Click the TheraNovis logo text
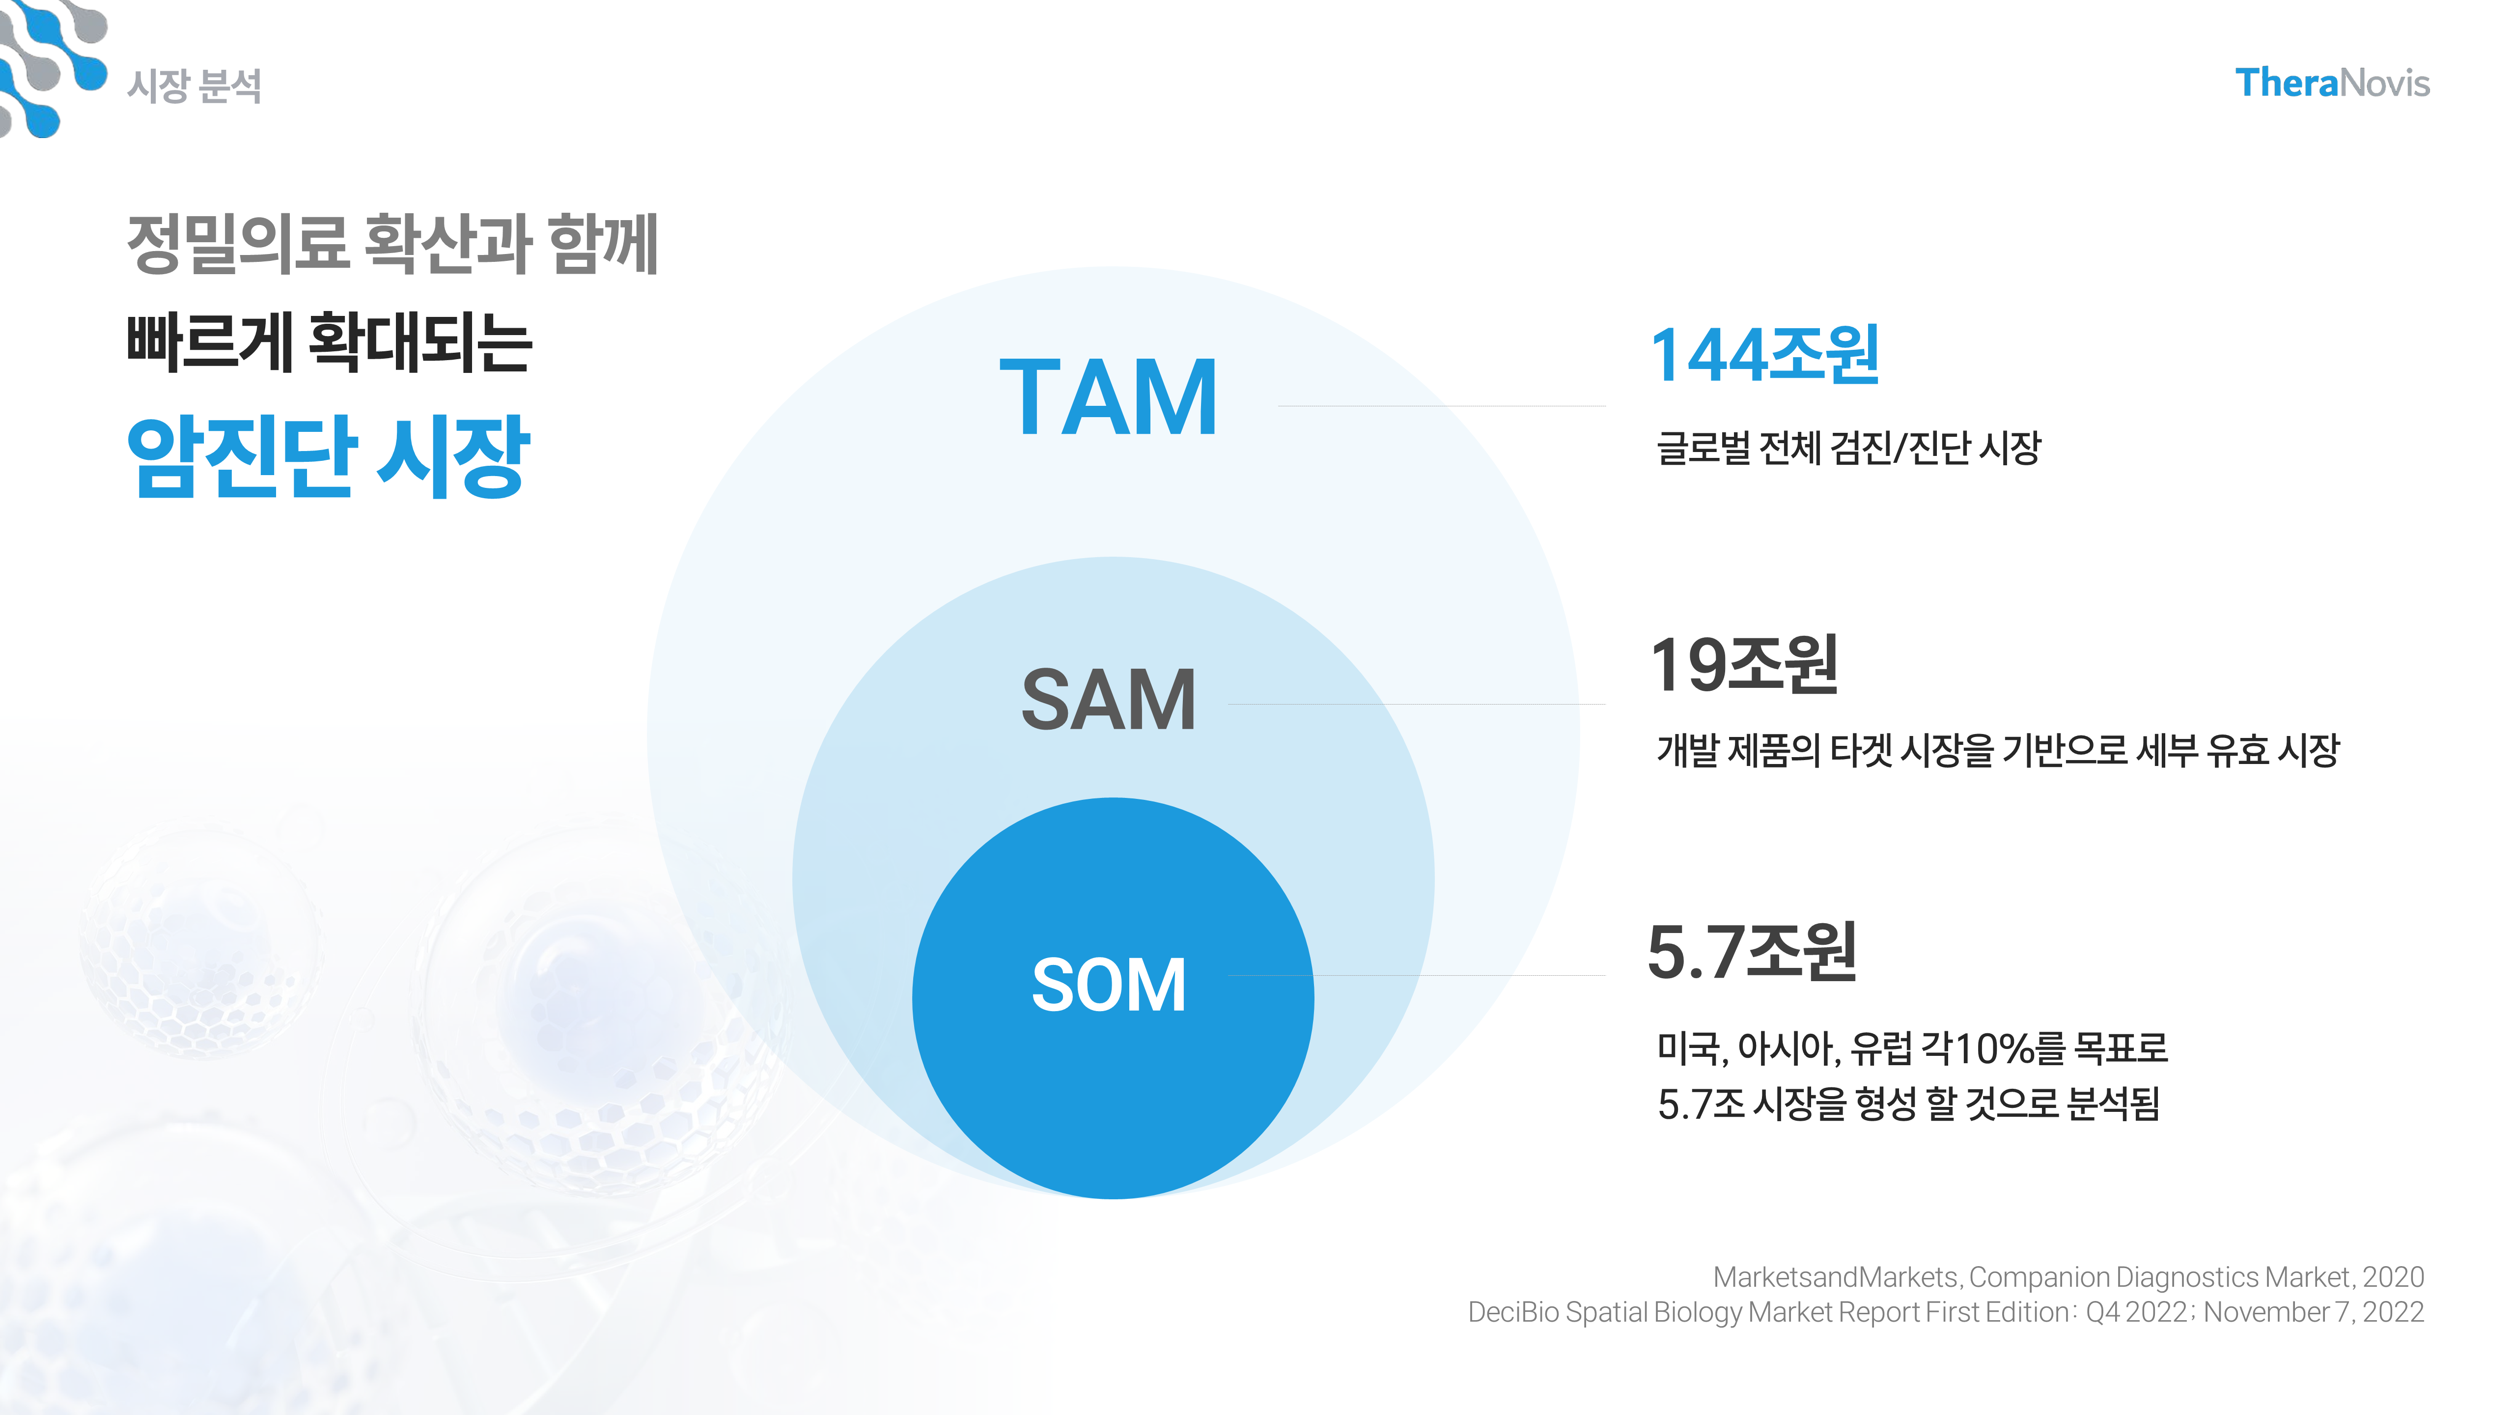(x=2331, y=83)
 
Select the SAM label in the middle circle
(x=1108, y=699)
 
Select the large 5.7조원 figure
(x=1752, y=952)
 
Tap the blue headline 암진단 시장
(x=328, y=456)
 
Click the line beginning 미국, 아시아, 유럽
(x=1912, y=1048)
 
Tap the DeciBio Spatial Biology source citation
(x=1945, y=1311)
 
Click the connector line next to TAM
(x=1441, y=405)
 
